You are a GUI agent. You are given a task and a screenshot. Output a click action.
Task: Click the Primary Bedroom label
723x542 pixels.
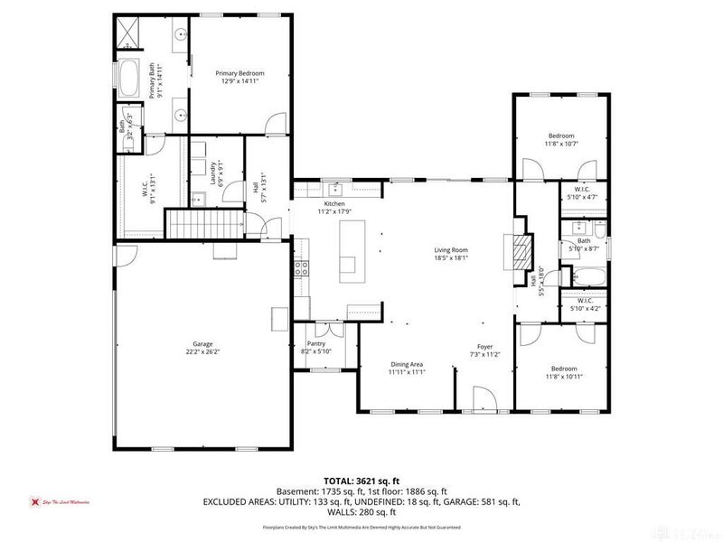point(239,72)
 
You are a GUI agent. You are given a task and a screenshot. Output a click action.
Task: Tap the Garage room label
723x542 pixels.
point(202,344)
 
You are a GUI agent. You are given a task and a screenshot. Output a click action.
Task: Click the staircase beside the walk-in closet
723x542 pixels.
point(209,221)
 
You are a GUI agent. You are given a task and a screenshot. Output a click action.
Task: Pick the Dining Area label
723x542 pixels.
point(406,364)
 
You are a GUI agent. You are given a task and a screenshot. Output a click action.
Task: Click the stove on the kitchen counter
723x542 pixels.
point(302,267)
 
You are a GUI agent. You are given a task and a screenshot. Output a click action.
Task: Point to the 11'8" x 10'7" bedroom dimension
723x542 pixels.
point(560,143)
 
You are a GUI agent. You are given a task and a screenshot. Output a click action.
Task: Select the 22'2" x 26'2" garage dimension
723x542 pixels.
point(202,351)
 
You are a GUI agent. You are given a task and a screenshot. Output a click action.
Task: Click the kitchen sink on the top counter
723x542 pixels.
point(335,190)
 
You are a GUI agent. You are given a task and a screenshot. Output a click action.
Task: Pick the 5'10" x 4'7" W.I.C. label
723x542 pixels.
point(581,192)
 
